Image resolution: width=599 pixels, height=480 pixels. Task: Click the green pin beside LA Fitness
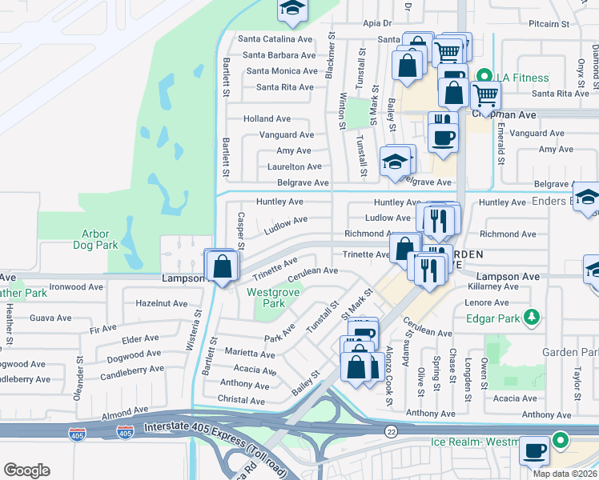[483, 78]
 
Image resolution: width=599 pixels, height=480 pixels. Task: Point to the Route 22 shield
[390, 432]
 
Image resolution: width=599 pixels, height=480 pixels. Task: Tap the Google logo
[26, 470]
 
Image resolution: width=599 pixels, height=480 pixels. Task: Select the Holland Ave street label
[267, 119]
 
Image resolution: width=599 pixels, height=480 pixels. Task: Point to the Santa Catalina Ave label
[276, 39]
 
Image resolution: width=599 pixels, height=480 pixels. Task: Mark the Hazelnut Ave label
[159, 304]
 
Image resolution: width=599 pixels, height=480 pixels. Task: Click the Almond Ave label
[125, 411]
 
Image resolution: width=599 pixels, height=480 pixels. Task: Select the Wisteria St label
[191, 334]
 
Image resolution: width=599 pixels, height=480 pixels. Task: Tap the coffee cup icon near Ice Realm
[534, 450]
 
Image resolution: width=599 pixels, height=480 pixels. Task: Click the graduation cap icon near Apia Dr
[292, 9]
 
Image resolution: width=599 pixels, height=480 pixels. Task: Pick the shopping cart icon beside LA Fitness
[485, 96]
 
